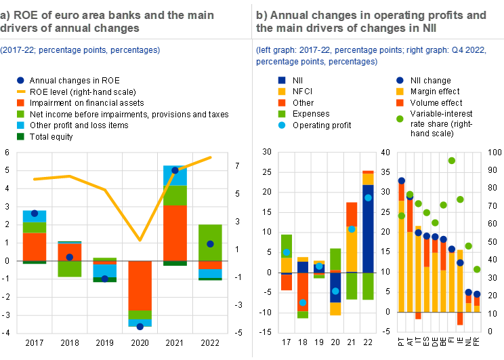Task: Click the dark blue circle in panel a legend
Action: point(21,79)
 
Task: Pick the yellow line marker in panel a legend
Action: point(21,91)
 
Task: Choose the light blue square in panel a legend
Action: point(21,125)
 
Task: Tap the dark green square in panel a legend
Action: point(21,136)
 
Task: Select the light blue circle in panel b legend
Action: point(282,125)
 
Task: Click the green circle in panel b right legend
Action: point(400,119)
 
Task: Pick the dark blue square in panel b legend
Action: point(282,80)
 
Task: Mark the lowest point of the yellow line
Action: point(140,240)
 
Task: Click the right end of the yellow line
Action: point(211,157)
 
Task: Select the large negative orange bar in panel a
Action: point(140,285)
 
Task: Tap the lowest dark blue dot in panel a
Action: point(140,327)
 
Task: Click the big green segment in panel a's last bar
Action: point(210,242)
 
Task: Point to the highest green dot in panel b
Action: point(452,161)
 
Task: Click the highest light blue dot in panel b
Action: point(369,198)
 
